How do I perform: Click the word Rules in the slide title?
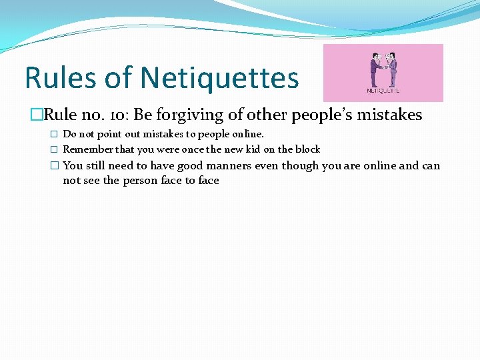pos(61,78)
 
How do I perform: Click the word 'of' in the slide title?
pos(119,78)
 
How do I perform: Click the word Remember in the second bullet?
pos(89,149)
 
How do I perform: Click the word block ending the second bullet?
pos(307,149)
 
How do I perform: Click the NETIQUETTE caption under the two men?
pos(383,91)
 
